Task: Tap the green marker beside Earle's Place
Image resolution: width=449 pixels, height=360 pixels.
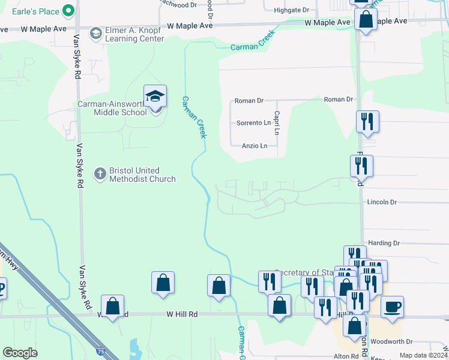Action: tap(68, 10)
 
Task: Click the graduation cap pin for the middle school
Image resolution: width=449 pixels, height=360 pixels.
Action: tap(155, 97)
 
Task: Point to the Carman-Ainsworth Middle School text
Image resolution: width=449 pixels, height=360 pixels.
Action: tap(112, 108)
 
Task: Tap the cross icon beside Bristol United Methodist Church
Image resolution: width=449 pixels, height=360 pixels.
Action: tap(100, 175)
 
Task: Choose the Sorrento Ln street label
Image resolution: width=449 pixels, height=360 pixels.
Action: tap(254, 123)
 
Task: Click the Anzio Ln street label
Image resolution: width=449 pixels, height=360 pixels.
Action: tap(255, 146)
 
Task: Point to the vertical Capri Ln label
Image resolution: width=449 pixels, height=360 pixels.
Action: tap(277, 122)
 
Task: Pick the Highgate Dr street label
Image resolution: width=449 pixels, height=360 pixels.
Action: tap(291, 10)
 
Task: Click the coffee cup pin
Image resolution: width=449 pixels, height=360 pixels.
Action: tap(392, 307)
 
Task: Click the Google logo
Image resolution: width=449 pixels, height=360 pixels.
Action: tap(20, 353)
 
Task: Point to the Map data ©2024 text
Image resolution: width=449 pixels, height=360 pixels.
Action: tap(423, 355)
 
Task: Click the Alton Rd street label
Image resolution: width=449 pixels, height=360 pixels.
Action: tap(346, 356)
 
